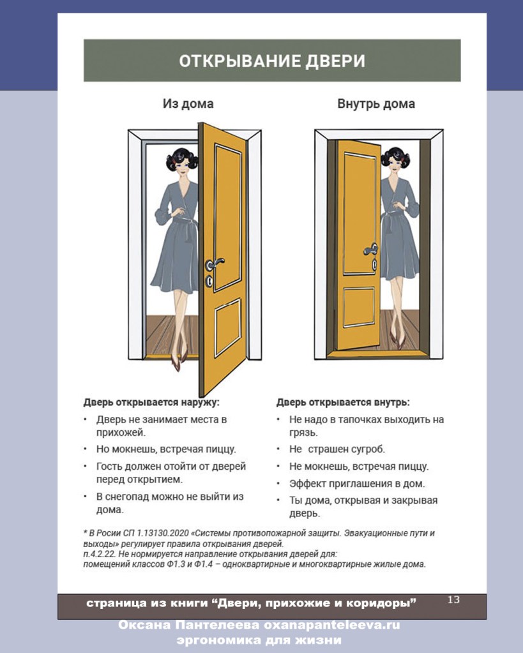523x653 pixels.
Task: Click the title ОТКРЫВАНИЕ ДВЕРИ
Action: [271, 61]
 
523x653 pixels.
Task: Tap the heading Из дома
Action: [188, 103]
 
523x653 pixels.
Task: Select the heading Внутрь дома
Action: [375, 103]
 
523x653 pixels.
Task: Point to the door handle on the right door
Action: [370, 250]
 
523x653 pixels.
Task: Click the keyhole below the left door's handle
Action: [209, 281]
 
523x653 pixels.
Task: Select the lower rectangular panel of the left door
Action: [227, 327]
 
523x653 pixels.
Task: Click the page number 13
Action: [453, 599]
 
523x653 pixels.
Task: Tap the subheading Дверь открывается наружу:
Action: [151, 402]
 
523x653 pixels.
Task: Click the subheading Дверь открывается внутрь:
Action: [343, 402]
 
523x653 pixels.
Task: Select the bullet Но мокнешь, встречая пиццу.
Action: [166, 449]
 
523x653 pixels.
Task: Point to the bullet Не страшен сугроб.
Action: [337, 449]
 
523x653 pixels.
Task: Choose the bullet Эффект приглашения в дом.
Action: [357, 483]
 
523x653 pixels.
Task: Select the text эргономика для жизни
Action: [259, 640]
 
